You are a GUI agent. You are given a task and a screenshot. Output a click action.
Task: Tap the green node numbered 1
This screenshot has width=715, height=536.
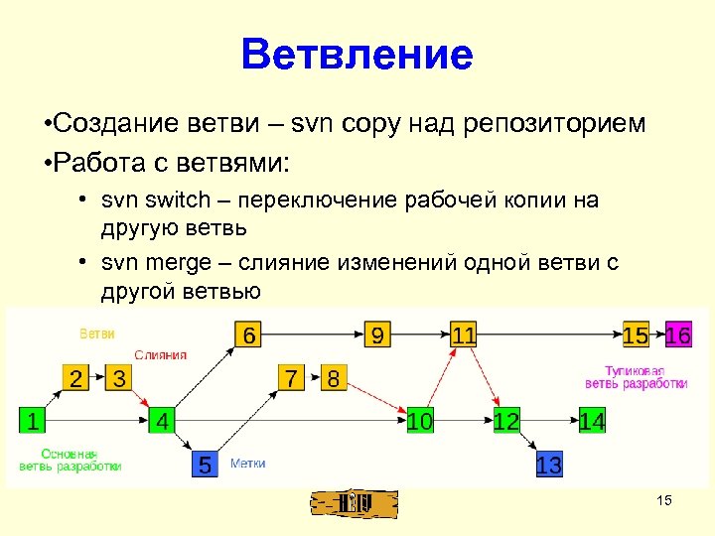[x=34, y=421]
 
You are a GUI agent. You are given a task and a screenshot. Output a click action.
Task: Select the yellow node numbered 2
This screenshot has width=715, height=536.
[x=76, y=378]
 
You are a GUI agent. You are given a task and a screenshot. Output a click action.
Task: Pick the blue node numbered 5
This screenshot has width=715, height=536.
[x=204, y=465]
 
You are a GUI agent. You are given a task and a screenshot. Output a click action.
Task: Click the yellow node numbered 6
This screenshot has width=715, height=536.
[x=248, y=335]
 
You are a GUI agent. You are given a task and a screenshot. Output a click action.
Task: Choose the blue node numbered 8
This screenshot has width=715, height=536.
[x=334, y=378]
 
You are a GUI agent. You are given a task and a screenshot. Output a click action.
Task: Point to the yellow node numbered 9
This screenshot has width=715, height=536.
[x=376, y=335]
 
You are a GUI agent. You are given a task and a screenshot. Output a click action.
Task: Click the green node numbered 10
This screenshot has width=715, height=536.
[x=420, y=421]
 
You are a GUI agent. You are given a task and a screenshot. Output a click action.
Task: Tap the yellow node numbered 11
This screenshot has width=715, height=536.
[x=463, y=335]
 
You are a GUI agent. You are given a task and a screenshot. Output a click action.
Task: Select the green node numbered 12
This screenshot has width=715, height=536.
[x=506, y=421]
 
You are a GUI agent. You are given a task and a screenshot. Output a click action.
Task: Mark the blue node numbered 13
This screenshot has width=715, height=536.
[x=548, y=465]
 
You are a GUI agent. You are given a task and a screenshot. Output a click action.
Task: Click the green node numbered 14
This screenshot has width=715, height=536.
[x=592, y=421]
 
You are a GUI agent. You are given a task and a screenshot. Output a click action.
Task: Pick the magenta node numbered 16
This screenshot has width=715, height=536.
[x=678, y=335]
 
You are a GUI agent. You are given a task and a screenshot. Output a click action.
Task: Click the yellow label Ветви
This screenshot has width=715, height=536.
[x=96, y=334]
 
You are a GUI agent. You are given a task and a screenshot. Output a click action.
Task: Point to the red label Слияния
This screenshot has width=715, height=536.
[x=160, y=354]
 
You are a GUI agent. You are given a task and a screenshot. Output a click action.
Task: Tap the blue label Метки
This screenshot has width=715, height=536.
[x=247, y=464]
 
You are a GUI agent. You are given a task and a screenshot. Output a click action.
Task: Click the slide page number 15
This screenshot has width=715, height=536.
[x=664, y=500]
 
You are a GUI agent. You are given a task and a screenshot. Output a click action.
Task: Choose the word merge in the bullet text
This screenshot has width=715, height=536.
[x=175, y=263]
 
